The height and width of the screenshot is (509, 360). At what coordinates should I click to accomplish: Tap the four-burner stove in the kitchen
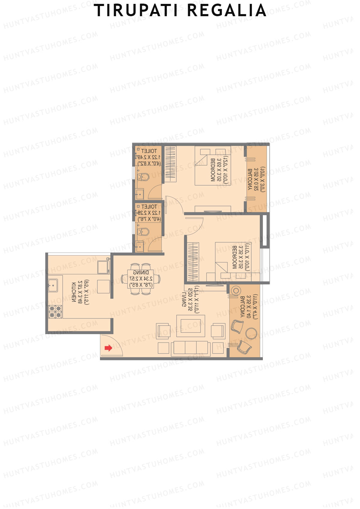coord(55,312)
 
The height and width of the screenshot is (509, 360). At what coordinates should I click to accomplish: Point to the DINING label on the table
coord(141,273)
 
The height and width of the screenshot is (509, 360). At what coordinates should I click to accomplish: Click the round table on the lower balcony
coord(251,333)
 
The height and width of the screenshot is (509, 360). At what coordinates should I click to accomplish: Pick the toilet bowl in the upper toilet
coord(143,177)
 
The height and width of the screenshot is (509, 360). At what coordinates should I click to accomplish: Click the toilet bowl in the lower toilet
coord(143,232)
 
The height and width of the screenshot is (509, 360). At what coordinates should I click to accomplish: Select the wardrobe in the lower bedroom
coord(193,262)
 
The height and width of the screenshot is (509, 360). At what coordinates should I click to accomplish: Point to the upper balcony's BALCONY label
coord(250,179)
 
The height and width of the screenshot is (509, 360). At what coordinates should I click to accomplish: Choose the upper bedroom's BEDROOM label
coord(213,170)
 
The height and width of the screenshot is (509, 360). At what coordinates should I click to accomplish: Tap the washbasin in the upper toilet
coord(139,193)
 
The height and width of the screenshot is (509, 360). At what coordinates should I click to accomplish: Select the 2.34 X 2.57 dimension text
coord(141,279)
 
